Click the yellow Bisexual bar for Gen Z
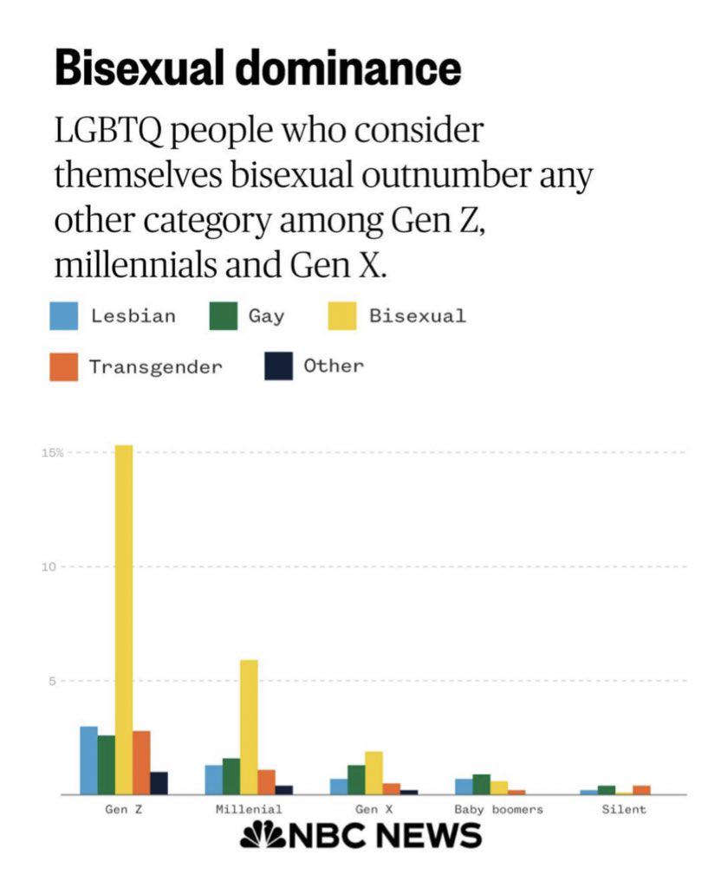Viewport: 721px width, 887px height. click(x=124, y=619)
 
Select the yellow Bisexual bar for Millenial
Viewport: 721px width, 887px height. click(x=249, y=727)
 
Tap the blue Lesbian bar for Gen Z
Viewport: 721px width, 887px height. click(x=89, y=760)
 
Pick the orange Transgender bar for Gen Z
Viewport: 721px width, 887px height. click(x=141, y=762)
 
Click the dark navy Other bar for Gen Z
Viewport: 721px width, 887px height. click(x=159, y=783)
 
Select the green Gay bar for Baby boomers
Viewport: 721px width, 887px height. click(x=481, y=784)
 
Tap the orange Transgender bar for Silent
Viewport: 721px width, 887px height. click(x=641, y=789)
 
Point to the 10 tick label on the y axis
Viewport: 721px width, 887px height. click(x=50, y=567)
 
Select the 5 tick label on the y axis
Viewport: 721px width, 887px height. click(x=52, y=681)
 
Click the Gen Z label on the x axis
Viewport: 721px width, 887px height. click(x=123, y=810)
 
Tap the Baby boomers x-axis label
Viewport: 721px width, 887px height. click(x=498, y=810)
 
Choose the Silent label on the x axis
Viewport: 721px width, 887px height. click(x=624, y=810)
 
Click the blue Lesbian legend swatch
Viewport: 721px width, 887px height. click(x=65, y=316)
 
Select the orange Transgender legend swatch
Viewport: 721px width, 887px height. click(x=65, y=366)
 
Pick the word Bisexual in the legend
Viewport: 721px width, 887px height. click(x=417, y=316)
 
